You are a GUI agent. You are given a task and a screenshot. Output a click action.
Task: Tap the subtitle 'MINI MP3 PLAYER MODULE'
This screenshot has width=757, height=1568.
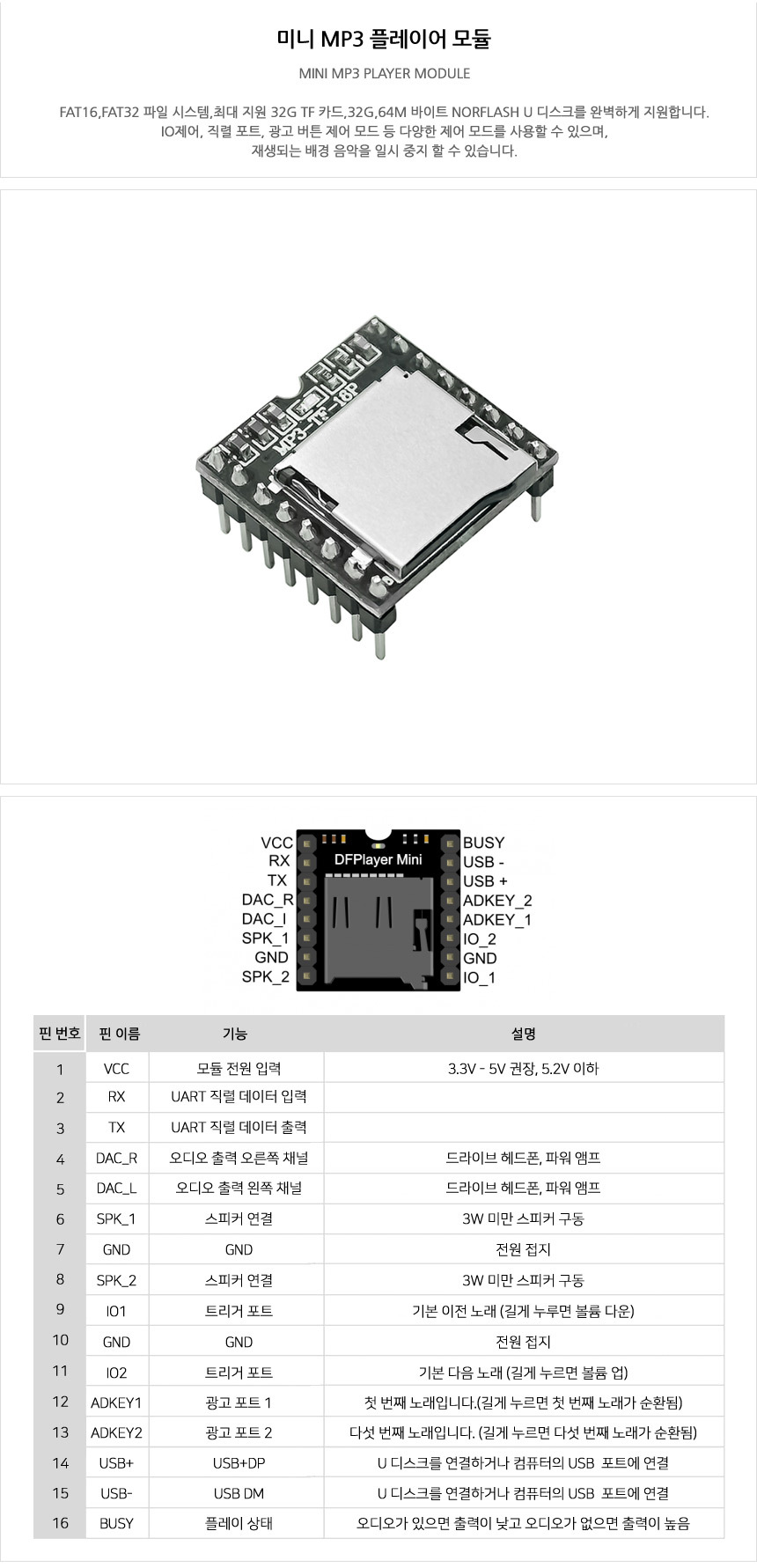pos(384,73)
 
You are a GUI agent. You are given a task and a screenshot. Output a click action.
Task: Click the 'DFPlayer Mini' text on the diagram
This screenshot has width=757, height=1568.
pos(378,859)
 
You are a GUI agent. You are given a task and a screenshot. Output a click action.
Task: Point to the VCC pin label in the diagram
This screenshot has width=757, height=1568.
pos(276,843)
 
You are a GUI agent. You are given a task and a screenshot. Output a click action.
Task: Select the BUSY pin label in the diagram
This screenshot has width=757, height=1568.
pos(483,843)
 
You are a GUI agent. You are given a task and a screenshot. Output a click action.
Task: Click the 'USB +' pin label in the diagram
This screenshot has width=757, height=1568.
pos(485,881)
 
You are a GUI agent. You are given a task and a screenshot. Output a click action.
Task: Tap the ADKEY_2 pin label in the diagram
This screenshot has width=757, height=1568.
pos(497,901)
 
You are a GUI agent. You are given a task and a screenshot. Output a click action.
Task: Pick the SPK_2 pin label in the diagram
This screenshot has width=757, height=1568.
pos(266,977)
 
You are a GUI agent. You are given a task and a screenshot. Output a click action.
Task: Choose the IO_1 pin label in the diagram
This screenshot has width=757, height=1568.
pos(479,978)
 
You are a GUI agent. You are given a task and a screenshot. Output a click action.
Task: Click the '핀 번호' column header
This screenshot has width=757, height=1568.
pos(60,1034)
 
